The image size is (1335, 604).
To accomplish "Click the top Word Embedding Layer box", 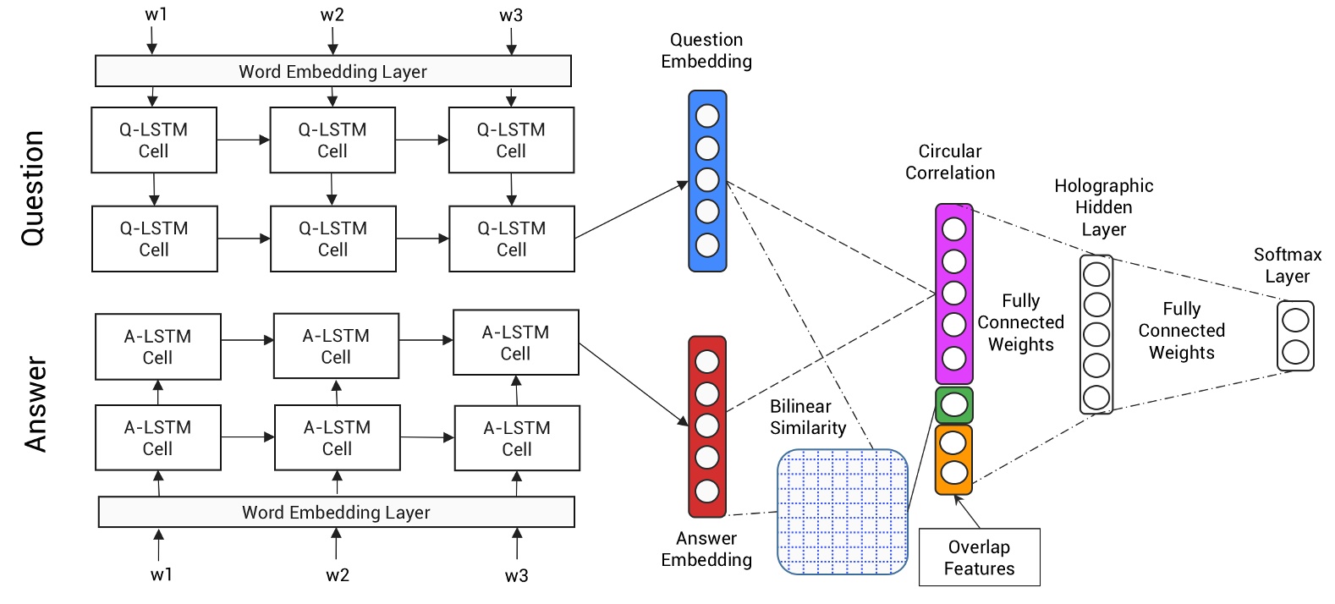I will pos(332,71).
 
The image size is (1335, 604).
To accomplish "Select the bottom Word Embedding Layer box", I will pos(336,512).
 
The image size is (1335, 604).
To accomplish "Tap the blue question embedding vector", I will pos(707,181).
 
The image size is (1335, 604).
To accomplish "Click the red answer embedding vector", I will pos(707,426).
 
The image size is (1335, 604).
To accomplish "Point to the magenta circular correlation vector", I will pos(953,294).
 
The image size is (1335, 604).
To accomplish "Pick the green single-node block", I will pos(953,405).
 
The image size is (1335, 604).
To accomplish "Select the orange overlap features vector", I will pos(953,459).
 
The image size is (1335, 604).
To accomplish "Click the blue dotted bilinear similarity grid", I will pos(842,512).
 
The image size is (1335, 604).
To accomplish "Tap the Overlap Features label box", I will pos(979,557).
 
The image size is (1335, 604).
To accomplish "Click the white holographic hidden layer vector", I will pos(1096,335).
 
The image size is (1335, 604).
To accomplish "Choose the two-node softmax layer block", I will pos(1295,336).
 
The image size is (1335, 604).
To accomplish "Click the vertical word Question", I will pos(32,189).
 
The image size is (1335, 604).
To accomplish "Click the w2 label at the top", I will pos(332,15).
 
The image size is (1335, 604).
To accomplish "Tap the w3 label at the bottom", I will pos(516,576).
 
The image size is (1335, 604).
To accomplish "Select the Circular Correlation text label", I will pos(950,162).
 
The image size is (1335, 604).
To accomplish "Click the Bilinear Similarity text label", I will pos(807,417).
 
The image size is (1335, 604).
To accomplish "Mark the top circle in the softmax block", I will pos(1295,321).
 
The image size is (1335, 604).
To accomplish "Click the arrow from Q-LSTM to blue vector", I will pos(630,211).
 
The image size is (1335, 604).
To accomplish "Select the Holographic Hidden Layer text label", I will pos(1103,207).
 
